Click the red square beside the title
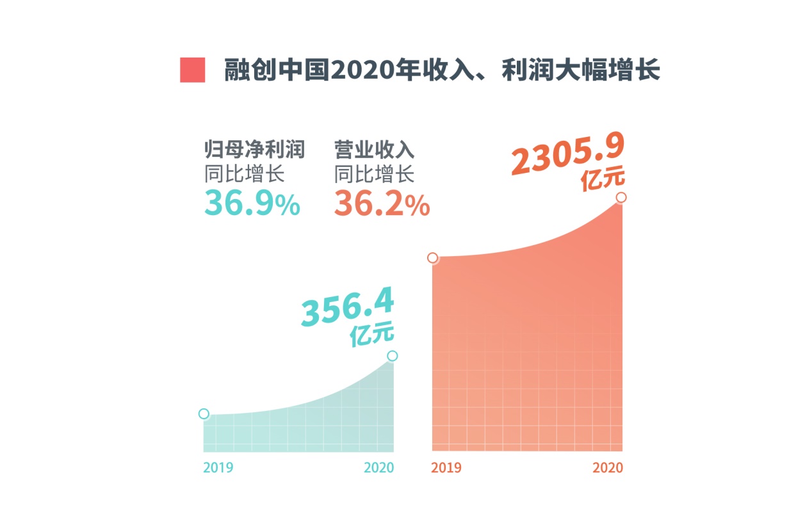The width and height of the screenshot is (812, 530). (x=193, y=70)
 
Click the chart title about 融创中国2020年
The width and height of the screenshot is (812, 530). (x=442, y=70)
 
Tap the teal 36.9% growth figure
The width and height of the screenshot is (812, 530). (x=252, y=204)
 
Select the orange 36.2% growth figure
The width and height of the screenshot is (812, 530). (x=382, y=204)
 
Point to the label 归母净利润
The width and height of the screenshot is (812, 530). (x=254, y=150)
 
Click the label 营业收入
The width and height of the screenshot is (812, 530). (x=375, y=150)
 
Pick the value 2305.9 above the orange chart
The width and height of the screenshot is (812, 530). (x=567, y=154)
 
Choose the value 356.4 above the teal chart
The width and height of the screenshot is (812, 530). (x=348, y=308)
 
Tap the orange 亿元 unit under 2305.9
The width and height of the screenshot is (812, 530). (x=603, y=180)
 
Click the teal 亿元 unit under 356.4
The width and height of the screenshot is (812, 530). (x=372, y=336)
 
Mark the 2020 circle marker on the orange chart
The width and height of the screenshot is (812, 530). (x=621, y=197)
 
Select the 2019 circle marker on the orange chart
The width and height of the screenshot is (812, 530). (x=433, y=258)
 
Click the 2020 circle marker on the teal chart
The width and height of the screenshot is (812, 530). (x=393, y=356)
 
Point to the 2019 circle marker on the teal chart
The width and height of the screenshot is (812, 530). (x=204, y=414)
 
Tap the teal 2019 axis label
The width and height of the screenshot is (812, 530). (x=218, y=467)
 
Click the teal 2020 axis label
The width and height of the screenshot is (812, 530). (x=379, y=467)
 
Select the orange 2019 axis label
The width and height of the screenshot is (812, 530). (x=446, y=467)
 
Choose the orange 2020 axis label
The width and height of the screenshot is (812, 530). (x=607, y=467)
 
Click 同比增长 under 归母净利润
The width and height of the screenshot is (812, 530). (x=244, y=173)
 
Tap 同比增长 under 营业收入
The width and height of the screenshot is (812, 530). (x=375, y=173)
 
